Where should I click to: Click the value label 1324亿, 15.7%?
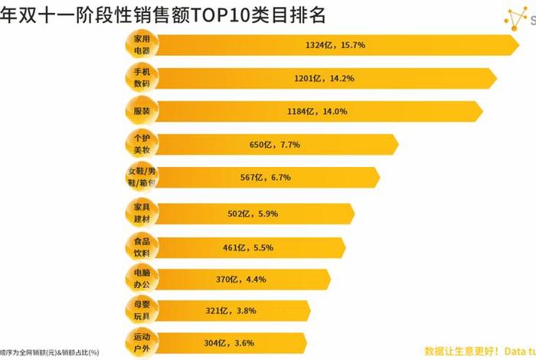335,45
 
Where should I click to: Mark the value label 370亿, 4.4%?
240,280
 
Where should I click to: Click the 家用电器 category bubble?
141,44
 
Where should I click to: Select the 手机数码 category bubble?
141,77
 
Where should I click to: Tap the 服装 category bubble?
141,111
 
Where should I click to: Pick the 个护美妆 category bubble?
141,144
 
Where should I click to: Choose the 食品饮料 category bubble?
141,247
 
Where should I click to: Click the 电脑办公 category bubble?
141,279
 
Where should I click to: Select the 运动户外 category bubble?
141,342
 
